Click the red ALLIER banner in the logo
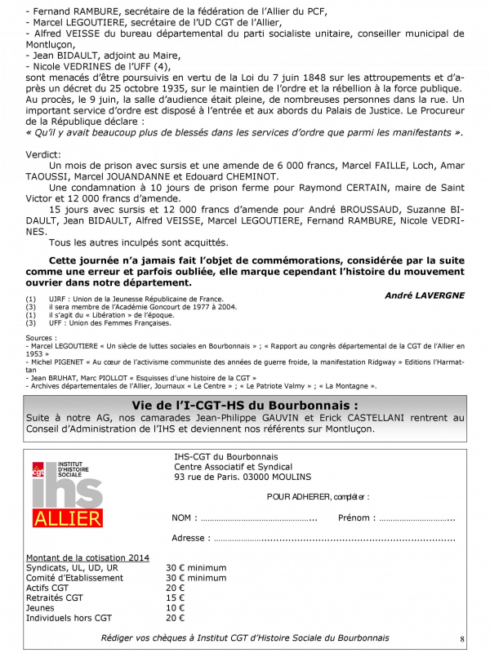pyautogui.click(x=68, y=518)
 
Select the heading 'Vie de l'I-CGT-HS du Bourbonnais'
pyautogui.click(x=245, y=405)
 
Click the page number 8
pyautogui.click(x=462, y=638)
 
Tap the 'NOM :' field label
pyautogui.click(x=184, y=518)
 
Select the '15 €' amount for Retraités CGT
pyautogui.click(x=176, y=597)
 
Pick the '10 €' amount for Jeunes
pyautogui.click(x=176, y=608)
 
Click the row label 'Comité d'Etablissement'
pyautogui.click(x=74, y=577)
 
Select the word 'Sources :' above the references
pyautogui.click(x=42, y=337)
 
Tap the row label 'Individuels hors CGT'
pyautogui.click(x=69, y=618)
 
